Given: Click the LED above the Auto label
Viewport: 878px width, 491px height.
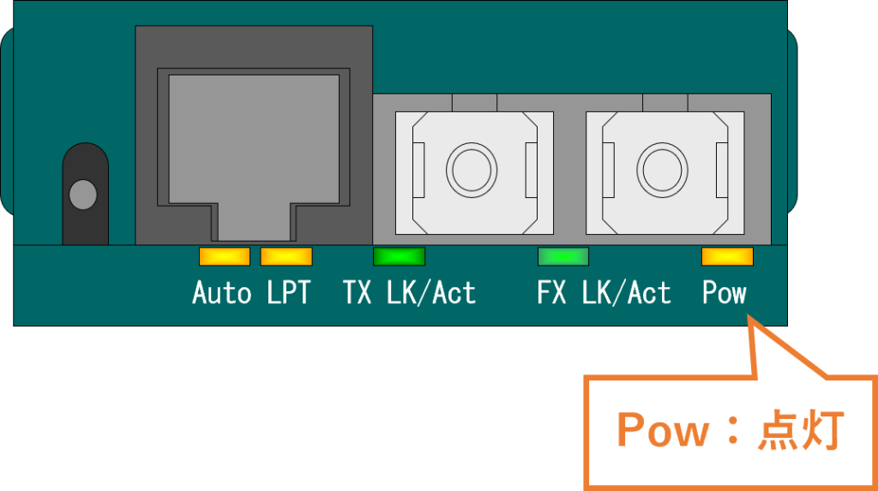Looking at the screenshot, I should tap(224, 256).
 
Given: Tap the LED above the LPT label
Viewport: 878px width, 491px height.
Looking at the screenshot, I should tap(286, 256).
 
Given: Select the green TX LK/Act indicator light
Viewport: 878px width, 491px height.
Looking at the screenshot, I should tap(399, 256).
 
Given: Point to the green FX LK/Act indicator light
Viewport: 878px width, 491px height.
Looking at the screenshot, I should tap(562, 256).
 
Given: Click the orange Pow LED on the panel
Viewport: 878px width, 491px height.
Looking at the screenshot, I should tap(727, 256).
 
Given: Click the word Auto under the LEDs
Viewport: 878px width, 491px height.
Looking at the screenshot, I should tap(221, 293).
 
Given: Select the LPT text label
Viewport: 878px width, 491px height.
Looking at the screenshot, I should tap(288, 293).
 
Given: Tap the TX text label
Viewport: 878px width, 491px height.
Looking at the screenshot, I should tap(358, 293).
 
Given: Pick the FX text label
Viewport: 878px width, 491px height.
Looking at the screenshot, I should tap(551, 293).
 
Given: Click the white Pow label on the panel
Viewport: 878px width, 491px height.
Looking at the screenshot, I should tap(725, 293).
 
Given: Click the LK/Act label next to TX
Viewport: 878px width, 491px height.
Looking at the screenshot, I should tap(430, 293).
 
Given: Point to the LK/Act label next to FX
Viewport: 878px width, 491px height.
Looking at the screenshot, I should tap(626, 293).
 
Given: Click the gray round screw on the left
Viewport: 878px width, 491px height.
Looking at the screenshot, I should tap(82, 194).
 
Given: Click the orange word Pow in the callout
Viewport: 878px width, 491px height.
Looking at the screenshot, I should tap(663, 430).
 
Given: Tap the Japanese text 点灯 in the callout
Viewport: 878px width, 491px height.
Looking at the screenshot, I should tap(802, 430).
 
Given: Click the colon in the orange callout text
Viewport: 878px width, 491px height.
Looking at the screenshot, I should tap(734, 432).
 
